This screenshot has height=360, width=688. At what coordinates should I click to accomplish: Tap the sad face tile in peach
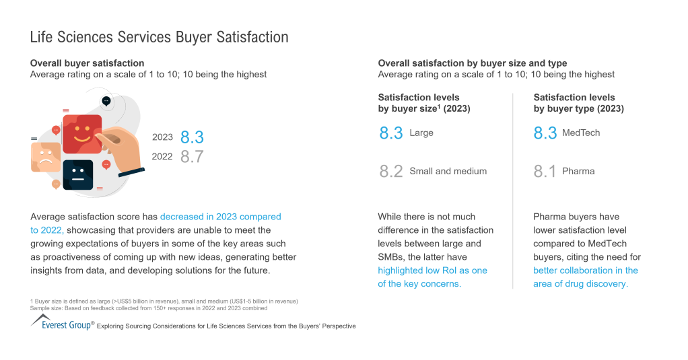point(46,156)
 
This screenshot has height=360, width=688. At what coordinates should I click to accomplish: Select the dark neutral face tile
point(77,175)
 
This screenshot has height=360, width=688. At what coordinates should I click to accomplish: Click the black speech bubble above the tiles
point(106,101)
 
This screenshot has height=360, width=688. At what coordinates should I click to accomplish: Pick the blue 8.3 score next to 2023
point(192,137)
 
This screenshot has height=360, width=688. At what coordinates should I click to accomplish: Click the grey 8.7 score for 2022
point(192,157)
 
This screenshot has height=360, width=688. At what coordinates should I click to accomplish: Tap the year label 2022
point(162,157)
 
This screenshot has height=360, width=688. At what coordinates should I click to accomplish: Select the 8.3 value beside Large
point(390,133)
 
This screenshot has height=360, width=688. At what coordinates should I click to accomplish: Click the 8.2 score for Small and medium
point(390,172)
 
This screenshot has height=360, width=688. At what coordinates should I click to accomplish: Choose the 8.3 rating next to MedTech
point(545,133)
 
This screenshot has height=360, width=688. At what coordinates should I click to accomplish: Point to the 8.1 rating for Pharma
point(545,172)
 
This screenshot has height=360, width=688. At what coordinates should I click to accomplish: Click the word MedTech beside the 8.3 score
point(581,133)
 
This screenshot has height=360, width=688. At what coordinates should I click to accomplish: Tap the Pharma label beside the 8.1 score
point(578,172)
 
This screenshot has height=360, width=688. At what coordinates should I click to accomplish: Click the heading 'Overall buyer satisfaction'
point(87,63)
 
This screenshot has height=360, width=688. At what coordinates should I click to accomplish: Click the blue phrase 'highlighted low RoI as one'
point(432,271)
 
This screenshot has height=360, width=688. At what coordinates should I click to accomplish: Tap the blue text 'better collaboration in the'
point(586,271)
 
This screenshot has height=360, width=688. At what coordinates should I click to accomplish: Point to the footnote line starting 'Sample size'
point(148,308)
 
